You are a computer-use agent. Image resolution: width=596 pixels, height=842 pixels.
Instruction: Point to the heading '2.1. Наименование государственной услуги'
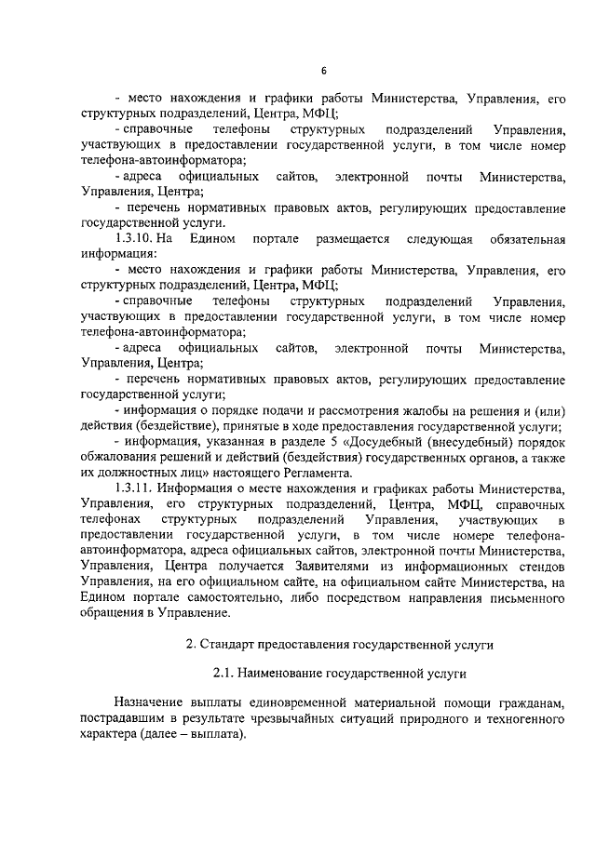339,671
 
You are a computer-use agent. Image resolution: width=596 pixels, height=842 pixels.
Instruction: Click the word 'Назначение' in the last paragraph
150,702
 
